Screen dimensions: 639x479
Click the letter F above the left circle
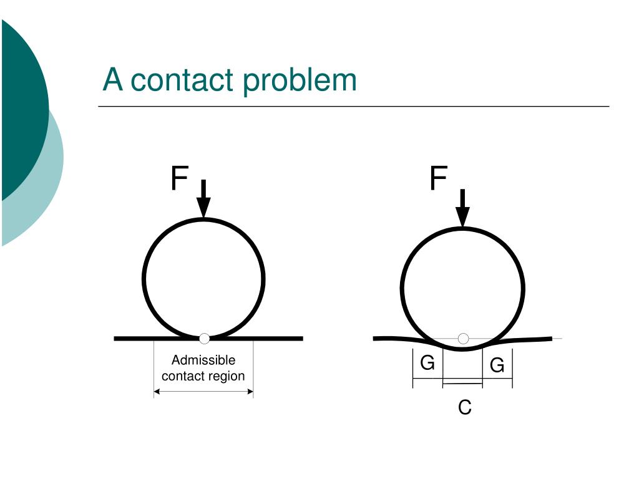179,179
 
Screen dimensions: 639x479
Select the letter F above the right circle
438,179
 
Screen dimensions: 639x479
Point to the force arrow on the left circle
203,200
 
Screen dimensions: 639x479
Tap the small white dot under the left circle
204,339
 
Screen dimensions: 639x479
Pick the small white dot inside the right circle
463,339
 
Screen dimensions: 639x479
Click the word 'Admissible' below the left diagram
203,360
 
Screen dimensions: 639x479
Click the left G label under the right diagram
427,362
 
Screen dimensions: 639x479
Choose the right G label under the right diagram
497,365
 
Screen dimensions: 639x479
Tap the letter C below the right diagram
464,408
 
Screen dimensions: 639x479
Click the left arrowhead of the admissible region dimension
157,392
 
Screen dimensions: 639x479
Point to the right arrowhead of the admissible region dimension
250,392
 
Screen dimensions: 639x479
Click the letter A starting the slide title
112,80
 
